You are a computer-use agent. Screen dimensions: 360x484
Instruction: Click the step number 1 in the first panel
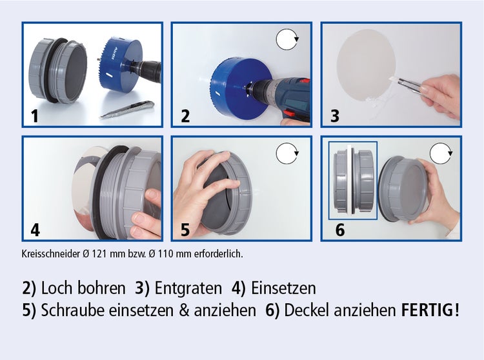[34, 117]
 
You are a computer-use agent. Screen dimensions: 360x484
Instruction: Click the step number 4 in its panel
[35, 230]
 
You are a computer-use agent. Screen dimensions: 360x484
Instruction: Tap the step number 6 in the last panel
[339, 230]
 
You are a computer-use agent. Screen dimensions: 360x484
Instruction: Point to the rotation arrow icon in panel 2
[288, 41]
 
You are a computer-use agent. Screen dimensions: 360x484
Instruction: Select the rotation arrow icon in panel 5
[287, 154]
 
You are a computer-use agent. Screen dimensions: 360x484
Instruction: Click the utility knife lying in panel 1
[126, 112]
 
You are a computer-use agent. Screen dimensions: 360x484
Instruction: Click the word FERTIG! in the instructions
[430, 310]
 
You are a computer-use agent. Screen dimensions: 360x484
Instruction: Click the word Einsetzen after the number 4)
[283, 288]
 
